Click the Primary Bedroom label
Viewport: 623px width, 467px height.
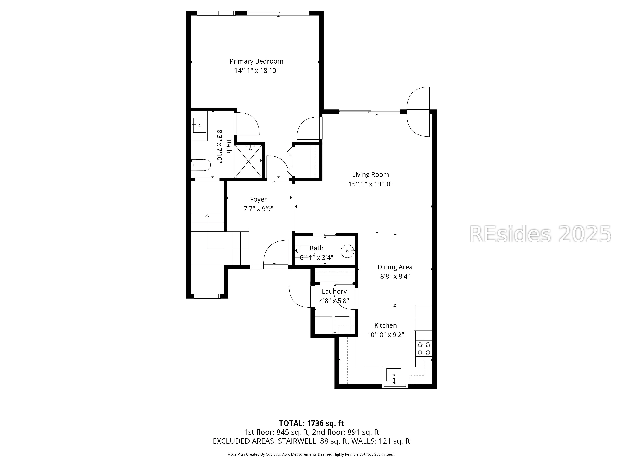tap(256, 61)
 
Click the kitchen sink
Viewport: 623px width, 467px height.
tap(393, 375)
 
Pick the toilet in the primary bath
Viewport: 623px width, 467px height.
tap(201, 165)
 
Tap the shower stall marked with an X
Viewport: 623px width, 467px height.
tap(248, 161)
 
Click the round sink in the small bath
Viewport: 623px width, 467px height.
tap(347, 251)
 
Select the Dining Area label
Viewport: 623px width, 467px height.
tap(395, 267)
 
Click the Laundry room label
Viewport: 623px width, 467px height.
tap(334, 292)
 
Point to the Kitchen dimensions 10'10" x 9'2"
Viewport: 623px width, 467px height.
tap(386, 335)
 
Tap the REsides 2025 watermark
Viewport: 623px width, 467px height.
tap(540, 234)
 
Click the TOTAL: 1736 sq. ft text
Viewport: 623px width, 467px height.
tap(311, 423)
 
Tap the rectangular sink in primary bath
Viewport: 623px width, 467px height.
tap(199, 125)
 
